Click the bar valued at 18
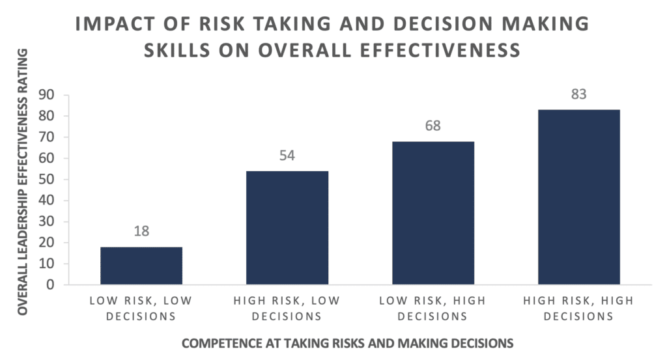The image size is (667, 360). click(141, 266)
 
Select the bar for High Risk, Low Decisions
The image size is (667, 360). click(287, 228)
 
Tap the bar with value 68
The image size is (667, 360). click(433, 213)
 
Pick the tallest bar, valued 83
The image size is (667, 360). click(579, 197)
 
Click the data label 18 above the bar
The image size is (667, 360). click(141, 231)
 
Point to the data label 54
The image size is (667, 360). click(287, 156)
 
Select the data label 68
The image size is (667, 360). click(433, 126)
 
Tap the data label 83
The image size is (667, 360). click(579, 94)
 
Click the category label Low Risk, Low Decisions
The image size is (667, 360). click(141, 310)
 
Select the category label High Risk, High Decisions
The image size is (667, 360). click(579, 310)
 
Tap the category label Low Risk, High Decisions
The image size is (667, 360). click(433, 310)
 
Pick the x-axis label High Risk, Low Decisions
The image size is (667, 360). click(287, 310)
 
